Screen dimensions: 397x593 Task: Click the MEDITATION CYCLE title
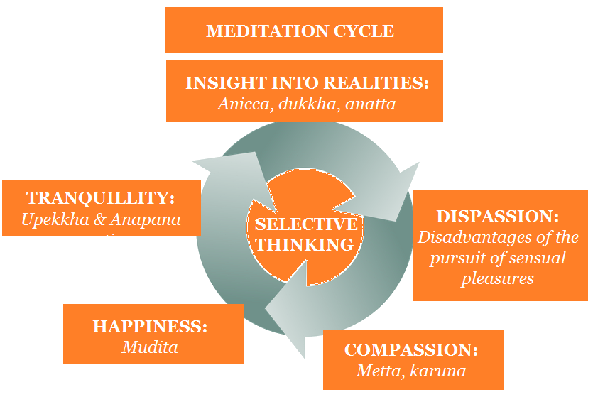pos(300,31)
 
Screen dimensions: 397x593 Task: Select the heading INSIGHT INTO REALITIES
pos(307,83)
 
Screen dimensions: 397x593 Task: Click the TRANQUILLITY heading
pos(101,198)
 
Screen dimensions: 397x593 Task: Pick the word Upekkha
pos(53,219)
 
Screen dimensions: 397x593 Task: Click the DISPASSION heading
pos(497,216)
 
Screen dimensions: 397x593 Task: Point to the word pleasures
pos(497,278)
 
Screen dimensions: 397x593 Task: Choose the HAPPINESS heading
pos(150,327)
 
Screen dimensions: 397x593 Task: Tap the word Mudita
pos(150,347)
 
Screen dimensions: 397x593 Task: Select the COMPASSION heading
pos(411,350)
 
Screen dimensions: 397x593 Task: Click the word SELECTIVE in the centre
pos(306,225)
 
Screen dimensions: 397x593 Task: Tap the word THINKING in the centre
pos(306,245)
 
